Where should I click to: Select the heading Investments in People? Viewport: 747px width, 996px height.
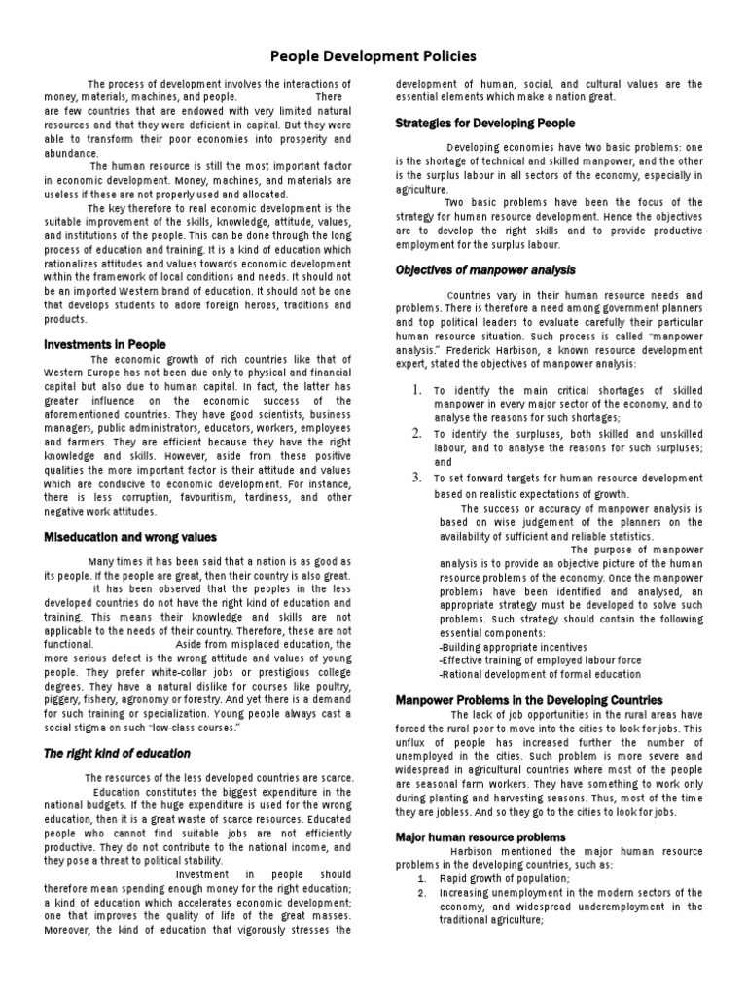click(x=106, y=344)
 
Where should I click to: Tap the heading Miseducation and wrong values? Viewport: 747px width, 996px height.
click(x=131, y=537)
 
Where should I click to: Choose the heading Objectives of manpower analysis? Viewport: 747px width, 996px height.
click(x=485, y=269)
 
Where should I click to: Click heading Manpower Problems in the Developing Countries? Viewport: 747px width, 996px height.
click(x=529, y=699)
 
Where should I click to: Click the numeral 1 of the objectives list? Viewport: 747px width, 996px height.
click(x=415, y=390)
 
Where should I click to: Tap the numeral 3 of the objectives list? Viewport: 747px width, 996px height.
click(x=415, y=477)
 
